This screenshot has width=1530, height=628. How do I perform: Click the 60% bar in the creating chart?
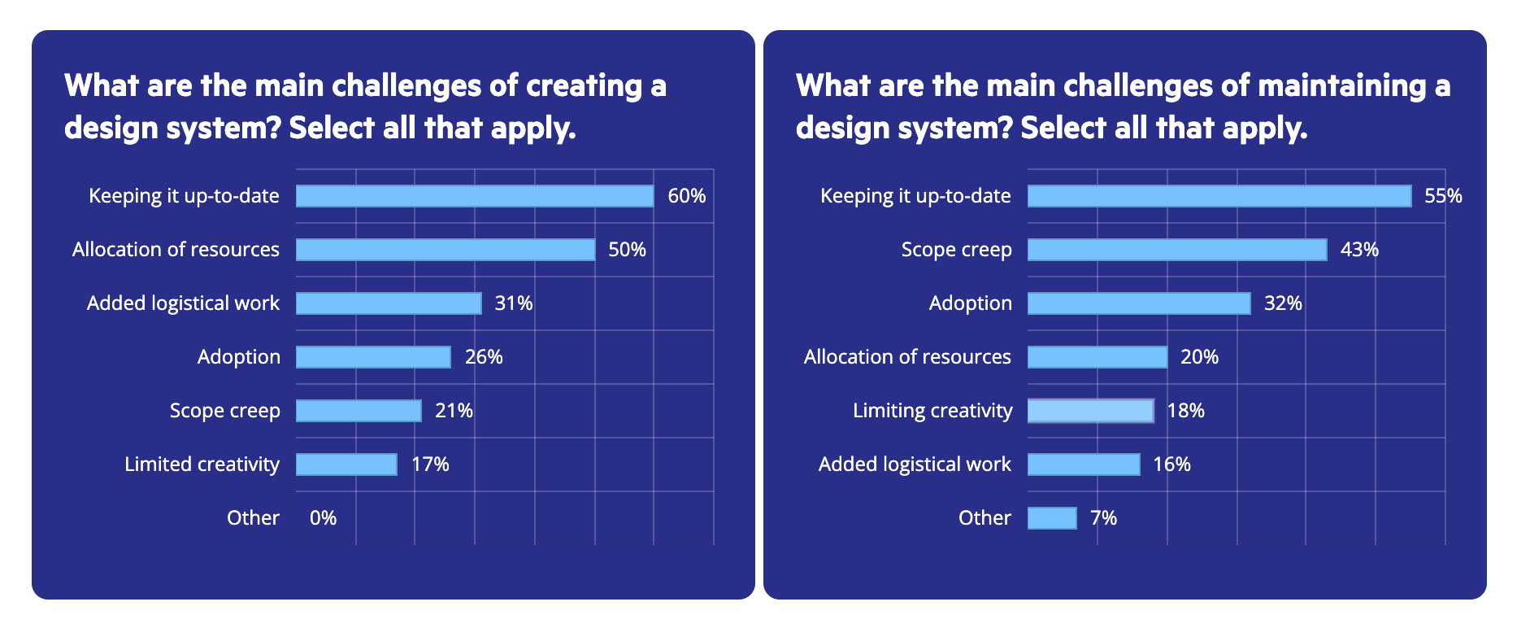click(x=474, y=196)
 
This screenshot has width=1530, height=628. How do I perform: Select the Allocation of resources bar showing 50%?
click(x=445, y=250)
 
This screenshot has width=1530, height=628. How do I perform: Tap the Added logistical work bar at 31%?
click(x=389, y=303)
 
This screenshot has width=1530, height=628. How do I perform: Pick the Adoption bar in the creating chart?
click(x=373, y=357)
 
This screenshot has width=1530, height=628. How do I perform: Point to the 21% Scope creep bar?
click(x=359, y=411)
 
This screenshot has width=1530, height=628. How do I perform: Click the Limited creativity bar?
click(x=346, y=464)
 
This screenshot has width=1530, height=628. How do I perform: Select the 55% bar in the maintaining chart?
click(x=1219, y=196)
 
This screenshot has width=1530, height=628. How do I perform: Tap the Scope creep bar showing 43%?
click(x=1177, y=250)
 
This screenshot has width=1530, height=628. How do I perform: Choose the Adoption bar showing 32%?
click(x=1139, y=303)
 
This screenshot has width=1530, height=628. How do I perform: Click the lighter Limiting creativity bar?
click(x=1090, y=411)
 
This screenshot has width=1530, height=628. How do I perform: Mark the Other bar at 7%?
click(x=1052, y=518)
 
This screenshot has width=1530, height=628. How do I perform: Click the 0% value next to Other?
click(x=323, y=518)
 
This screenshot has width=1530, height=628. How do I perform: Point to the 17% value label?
click(x=430, y=464)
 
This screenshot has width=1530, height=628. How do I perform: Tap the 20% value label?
click(x=1199, y=357)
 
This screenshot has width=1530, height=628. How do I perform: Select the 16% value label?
click(x=1171, y=464)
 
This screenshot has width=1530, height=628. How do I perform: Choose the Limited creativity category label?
click(x=202, y=464)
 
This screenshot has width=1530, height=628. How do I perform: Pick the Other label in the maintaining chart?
click(x=985, y=518)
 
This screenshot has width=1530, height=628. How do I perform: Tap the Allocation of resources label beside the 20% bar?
click(x=907, y=357)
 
